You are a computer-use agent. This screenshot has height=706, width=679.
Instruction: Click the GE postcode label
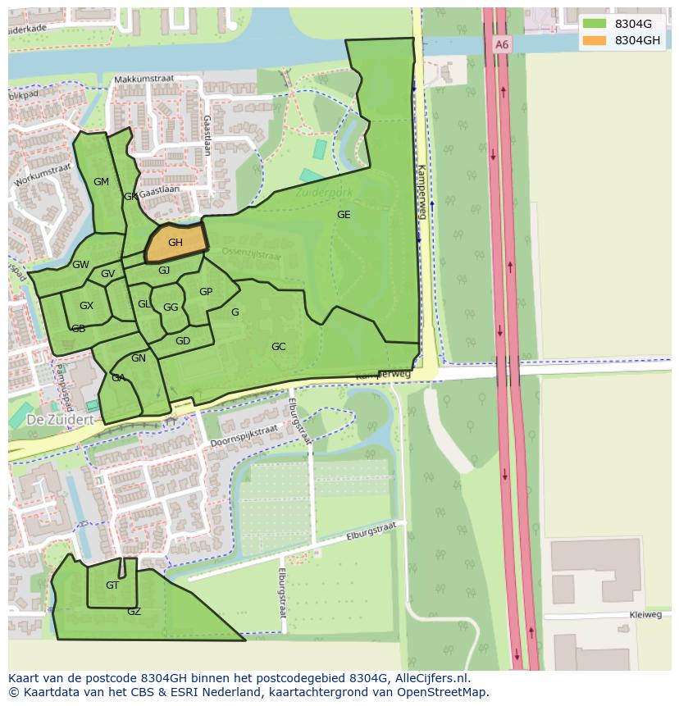click(344, 215)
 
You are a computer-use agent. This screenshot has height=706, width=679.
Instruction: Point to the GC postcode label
click(279, 347)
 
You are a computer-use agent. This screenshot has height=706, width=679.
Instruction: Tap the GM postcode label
click(101, 182)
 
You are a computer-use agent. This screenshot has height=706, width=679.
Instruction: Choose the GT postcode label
click(112, 585)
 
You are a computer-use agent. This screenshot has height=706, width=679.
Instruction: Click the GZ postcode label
click(134, 612)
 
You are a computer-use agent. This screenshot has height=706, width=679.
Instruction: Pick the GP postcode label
click(206, 292)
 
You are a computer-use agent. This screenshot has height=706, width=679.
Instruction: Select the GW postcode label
click(80, 265)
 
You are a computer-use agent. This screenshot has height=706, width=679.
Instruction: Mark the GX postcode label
click(86, 306)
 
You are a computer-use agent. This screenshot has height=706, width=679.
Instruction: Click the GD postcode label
click(183, 341)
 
